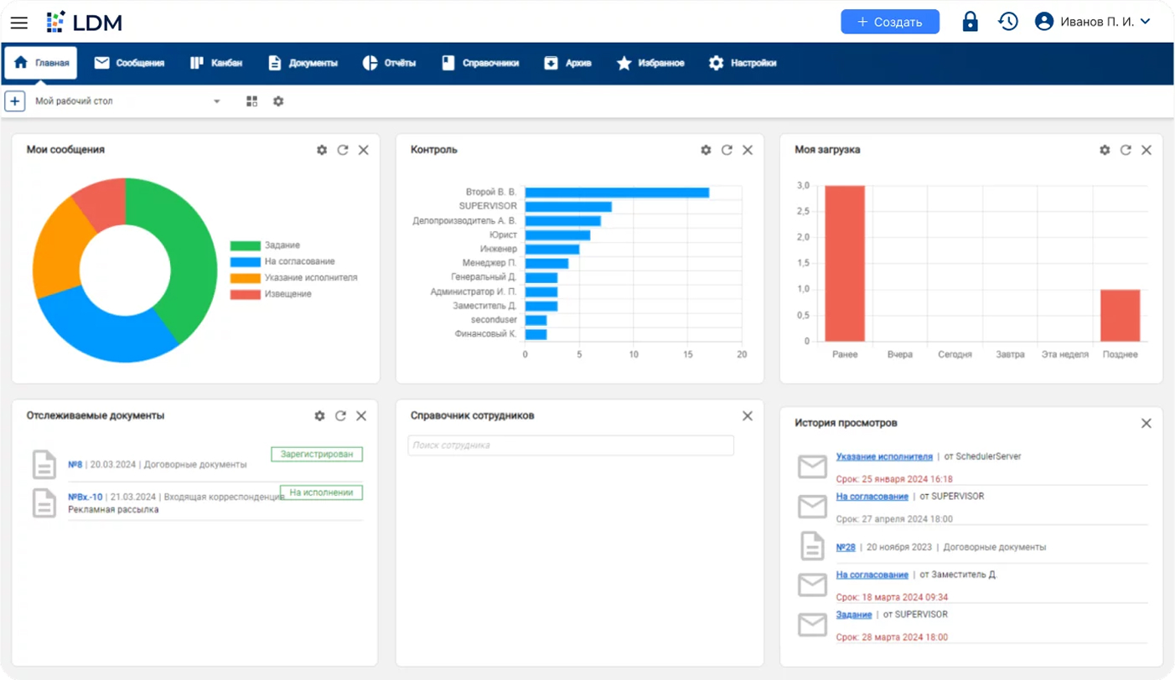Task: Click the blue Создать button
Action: tap(889, 22)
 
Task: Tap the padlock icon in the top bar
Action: tap(970, 22)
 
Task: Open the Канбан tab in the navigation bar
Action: tap(216, 63)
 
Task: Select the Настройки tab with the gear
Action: tap(742, 63)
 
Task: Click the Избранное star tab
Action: tap(650, 63)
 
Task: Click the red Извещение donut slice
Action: tap(100, 203)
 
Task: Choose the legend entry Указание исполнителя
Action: tap(310, 277)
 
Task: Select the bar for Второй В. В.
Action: tap(617, 193)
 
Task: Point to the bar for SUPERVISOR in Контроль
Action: tap(568, 207)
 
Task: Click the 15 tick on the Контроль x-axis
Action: tap(688, 354)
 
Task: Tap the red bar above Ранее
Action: tap(845, 263)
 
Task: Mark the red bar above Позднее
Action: tap(1120, 315)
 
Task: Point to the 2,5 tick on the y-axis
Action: tap(802, 211)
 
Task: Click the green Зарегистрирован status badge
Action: tap(317, 455)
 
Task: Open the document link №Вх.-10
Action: tap(85, 497)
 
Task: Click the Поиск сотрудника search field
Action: tap(570, 446)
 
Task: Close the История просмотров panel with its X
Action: tap(1147, 424)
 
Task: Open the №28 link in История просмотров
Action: tap(846, 547)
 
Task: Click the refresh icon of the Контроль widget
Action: tap(727, 150)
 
